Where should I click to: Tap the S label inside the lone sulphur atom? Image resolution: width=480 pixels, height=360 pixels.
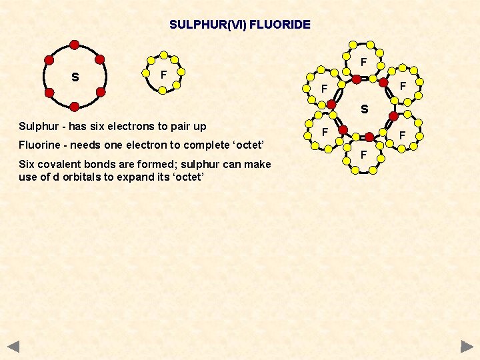tap(75, 77)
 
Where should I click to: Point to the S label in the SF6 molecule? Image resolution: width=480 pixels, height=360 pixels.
tap(364, 109)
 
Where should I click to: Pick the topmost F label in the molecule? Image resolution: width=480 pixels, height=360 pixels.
tap(364, 62)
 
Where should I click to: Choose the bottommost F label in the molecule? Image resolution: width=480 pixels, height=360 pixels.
tap(363, 155)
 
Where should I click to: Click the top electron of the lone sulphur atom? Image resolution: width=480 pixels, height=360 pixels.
tap(75, 45)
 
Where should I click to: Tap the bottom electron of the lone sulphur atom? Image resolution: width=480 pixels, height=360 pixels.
tap(75, 107)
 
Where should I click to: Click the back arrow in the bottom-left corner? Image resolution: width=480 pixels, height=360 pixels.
tap(13, 347)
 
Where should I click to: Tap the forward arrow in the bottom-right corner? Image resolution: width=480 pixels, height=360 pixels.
tap(467, 347)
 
